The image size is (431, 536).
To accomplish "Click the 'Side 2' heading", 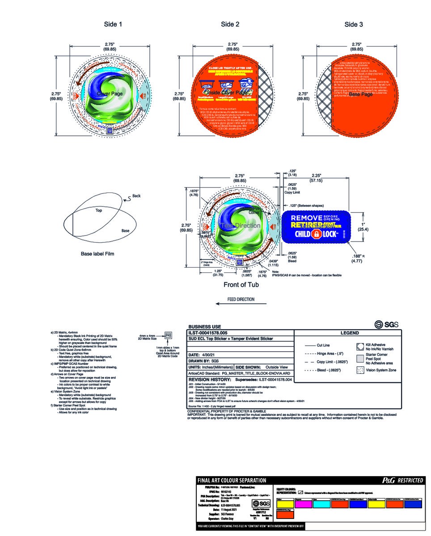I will tap(230, 25).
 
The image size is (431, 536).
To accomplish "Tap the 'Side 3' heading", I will tap(353, 25).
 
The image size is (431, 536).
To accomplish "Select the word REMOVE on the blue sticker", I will tap(306, 218).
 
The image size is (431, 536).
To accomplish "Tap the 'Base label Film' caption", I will tap(97, 254).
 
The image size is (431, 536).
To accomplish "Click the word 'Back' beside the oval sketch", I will tap(136, 196).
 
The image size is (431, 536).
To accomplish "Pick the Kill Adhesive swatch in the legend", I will tap(359, 346).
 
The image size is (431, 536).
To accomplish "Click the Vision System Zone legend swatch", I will tap(359, 370).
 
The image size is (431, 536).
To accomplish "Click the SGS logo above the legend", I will tap(386, 324).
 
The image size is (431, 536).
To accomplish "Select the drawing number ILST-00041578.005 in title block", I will tap(208, 333).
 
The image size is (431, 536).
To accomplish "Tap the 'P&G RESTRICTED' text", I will tap(401, 480).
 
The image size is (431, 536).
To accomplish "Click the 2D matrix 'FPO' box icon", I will tap(168, 335).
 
